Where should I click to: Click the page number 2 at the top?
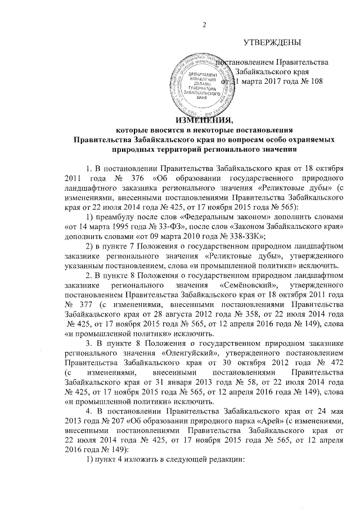coord(205,24)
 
